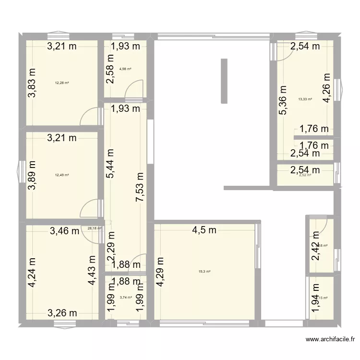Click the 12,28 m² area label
tap(62, 83)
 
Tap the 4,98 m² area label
tap(125, 69)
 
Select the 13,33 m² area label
tap(305, 99)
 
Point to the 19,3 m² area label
tap(205, 272)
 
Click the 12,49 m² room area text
tap(62, 175)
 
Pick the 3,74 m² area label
tap(125, 298)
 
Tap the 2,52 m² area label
tap(305, 175)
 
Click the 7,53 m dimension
tap(141, 191)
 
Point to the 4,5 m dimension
tap(204, 230)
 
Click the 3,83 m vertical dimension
tap(32, 82)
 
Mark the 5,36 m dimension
tap(284, 100)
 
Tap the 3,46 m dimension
tap(65, 231)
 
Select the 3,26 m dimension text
tap(62, 313)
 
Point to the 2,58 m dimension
tap(110, 70)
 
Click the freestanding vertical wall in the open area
tap(223, 81)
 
